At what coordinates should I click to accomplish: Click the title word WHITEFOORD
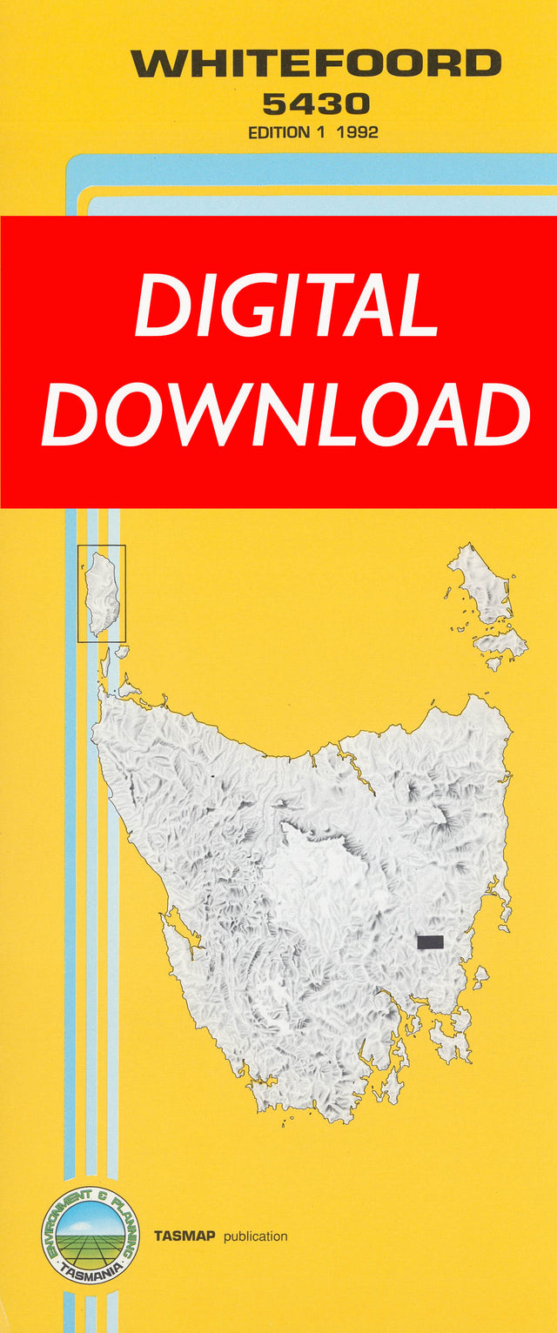[x=315, y=64]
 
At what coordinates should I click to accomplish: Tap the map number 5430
[x=315, y=105]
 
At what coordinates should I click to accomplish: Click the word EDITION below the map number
[x=278, y=133]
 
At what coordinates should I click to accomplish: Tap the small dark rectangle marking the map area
[x=429, y=941]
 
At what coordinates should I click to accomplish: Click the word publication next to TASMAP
[x=255, y=1236]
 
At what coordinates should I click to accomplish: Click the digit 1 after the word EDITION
[x=321, y=133]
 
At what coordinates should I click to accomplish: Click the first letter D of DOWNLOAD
[x=73, y=415]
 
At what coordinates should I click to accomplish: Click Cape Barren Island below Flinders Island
[x=499, y=644]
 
